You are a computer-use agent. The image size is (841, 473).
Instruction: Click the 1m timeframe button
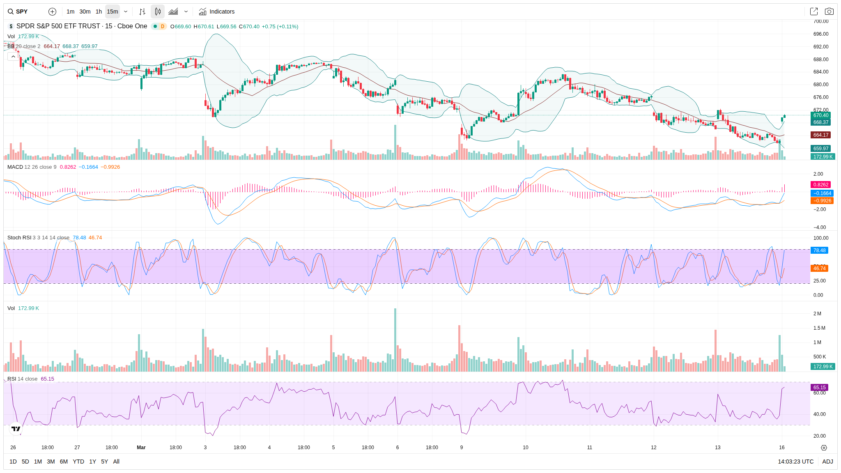coord(71,11)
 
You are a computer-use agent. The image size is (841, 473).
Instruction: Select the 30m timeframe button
coord(85,11)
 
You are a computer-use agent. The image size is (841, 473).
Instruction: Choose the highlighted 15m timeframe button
coord(113,11)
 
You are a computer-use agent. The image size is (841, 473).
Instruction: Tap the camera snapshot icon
coord(829,11)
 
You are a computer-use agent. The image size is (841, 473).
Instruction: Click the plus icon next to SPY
coord(52,11)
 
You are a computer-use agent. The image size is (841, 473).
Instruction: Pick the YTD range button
coord(78,462)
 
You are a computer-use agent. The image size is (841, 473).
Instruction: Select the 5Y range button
coord(105,462)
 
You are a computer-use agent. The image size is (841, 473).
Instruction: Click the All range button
coord(116,462)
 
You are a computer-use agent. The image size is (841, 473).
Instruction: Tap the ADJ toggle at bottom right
coord(827,462)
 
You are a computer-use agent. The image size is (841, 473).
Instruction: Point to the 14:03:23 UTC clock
coord(795,462)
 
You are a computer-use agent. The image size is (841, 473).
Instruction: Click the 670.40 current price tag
coord(821,115)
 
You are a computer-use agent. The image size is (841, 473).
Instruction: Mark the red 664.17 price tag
coord(821,135)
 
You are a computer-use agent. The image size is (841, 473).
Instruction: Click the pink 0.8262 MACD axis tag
coord(821,185)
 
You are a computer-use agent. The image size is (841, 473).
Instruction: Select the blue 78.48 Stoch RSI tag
coord(820,250)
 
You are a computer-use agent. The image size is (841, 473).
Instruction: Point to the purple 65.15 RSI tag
coord(820,388)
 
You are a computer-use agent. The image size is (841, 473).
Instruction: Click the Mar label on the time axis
coord(141,448)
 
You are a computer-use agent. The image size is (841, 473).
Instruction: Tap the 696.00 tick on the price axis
coord(821,34)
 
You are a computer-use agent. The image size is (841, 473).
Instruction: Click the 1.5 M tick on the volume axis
coord(819,328)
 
